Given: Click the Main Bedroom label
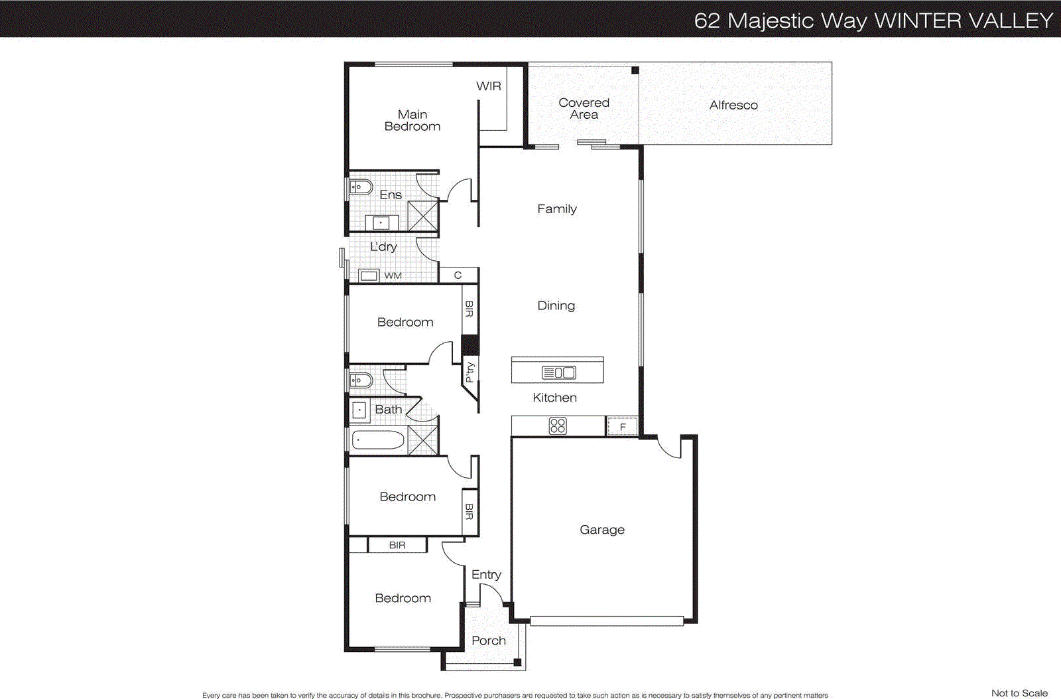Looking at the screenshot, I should [x=412, y=120].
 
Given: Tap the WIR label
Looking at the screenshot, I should [x=488, y=86].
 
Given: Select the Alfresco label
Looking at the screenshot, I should [x=733, y=105].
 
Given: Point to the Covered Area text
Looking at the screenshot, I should [x=584, y=108].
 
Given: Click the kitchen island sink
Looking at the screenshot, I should [x=559, y=372].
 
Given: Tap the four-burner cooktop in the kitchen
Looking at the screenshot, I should [x=558, y=426].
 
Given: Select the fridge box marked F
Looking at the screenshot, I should [x=622, y=426].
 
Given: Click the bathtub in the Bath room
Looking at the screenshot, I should [x=378, y=440].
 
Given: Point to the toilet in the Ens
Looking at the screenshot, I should [x=361, y=187].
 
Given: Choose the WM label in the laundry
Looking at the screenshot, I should [x=393, y=275].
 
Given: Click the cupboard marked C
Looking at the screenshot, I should [x=458, y=275].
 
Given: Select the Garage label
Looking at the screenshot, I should [x=601, y=530].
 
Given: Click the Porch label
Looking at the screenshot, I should [x=488, y=641].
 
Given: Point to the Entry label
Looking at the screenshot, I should [x=486, y=575].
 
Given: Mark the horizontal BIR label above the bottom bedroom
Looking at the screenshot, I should [x=397, y=545].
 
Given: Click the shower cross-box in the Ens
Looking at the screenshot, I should [x=422, y=216].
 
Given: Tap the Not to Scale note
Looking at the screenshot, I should [x=1019, y=693].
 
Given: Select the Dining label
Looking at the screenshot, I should [x=556, y=305].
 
